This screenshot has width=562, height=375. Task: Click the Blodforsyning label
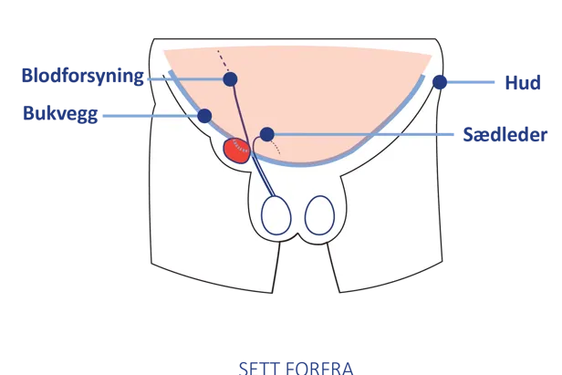[82, 77]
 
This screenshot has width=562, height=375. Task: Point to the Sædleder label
[505, 135]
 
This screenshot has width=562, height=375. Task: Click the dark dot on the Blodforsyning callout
[230, 79]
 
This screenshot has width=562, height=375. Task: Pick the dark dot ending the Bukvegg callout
[204, 116]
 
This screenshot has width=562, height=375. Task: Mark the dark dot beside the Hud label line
[440, 82]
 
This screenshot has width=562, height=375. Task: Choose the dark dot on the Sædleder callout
[266, 134]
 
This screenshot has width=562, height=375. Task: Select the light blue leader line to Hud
[471, 82]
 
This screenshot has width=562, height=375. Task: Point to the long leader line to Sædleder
[365, 134]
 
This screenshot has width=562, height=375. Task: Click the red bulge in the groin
[237, 151]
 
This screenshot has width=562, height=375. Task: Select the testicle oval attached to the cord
[276, 216]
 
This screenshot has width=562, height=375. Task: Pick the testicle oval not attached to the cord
[319, 216]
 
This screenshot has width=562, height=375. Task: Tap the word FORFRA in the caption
[314, 368]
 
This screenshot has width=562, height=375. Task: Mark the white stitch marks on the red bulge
[240, 144]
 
